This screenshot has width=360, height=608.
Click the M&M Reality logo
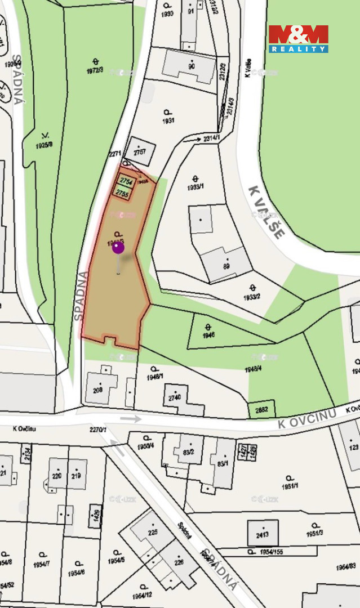298,39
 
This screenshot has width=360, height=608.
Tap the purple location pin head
118,247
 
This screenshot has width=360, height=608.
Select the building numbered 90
190,66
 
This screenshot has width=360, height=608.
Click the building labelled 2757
140,151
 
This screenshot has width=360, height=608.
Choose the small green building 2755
122,193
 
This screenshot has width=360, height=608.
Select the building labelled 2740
176,397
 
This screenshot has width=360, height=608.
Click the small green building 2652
261,410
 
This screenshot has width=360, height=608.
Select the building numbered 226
179,561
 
